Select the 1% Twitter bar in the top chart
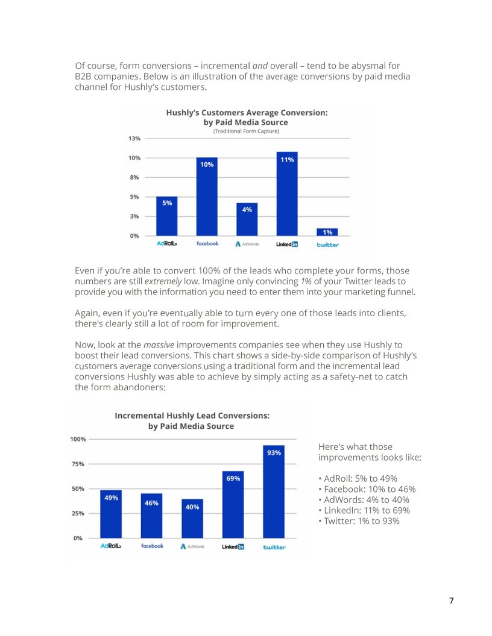tap(327, 232)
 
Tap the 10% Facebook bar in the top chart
tap(207, 196)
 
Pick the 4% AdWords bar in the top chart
tap(247, 219)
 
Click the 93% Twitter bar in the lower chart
tap(274, 491)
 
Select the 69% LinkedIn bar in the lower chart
tap(233, 505)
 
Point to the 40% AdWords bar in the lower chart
tap(192, 519)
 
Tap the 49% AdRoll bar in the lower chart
tap(111, 514)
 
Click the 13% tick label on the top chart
tap(134, 139)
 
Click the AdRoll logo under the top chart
tap(165, 244)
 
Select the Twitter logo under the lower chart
tap(274, 547)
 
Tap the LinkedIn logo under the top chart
tap(287, 244)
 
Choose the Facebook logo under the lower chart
tap(152, 546)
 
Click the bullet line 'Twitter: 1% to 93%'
tap(358, 522)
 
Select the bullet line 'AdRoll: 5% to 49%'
tap(357, 478)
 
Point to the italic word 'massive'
tap(159, 344)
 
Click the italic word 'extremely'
tap(163, 281)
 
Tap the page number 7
tap(451, 601)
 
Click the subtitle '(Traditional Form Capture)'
tap(246, 131)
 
